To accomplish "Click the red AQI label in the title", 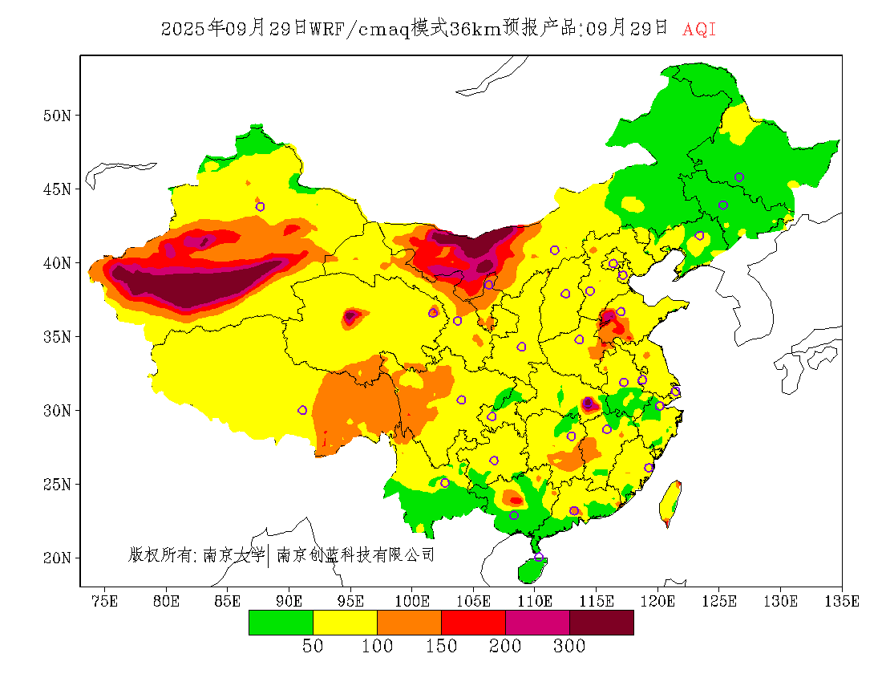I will pyautogui.click(x=699, y=30).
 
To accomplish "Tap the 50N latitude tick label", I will pyautogui.click(x=57, y=116).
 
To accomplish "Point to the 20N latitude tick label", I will pyautogui.click(x=57, y=558).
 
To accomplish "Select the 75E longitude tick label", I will pyautogui.click(x=104, y=601).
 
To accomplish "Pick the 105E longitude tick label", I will pyautogui.click(x=474, y=601).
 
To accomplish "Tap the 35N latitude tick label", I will pyautogui.click(x=57, y=336).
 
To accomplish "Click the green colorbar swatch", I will pyautogui.click(x=281, y=623).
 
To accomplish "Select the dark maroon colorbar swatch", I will pyautogui.click(x=601, y=623).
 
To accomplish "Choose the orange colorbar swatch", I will pyautogui.click(x=409, y=623).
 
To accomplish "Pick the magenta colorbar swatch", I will pyautogui.click(x=537, y=623).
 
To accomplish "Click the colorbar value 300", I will pyautogui.click(x=569, y=647).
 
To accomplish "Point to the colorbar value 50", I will pyautogui.click(x=313, y=647).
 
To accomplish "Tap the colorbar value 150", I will pyautogui.click(x=441, y=647).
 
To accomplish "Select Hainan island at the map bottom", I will pyautogui.click(x=532, y=570).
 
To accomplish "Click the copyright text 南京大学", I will pyautogui.click(x=233, y=554).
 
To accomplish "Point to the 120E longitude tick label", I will pyautogui.click(x=658, y=601).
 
